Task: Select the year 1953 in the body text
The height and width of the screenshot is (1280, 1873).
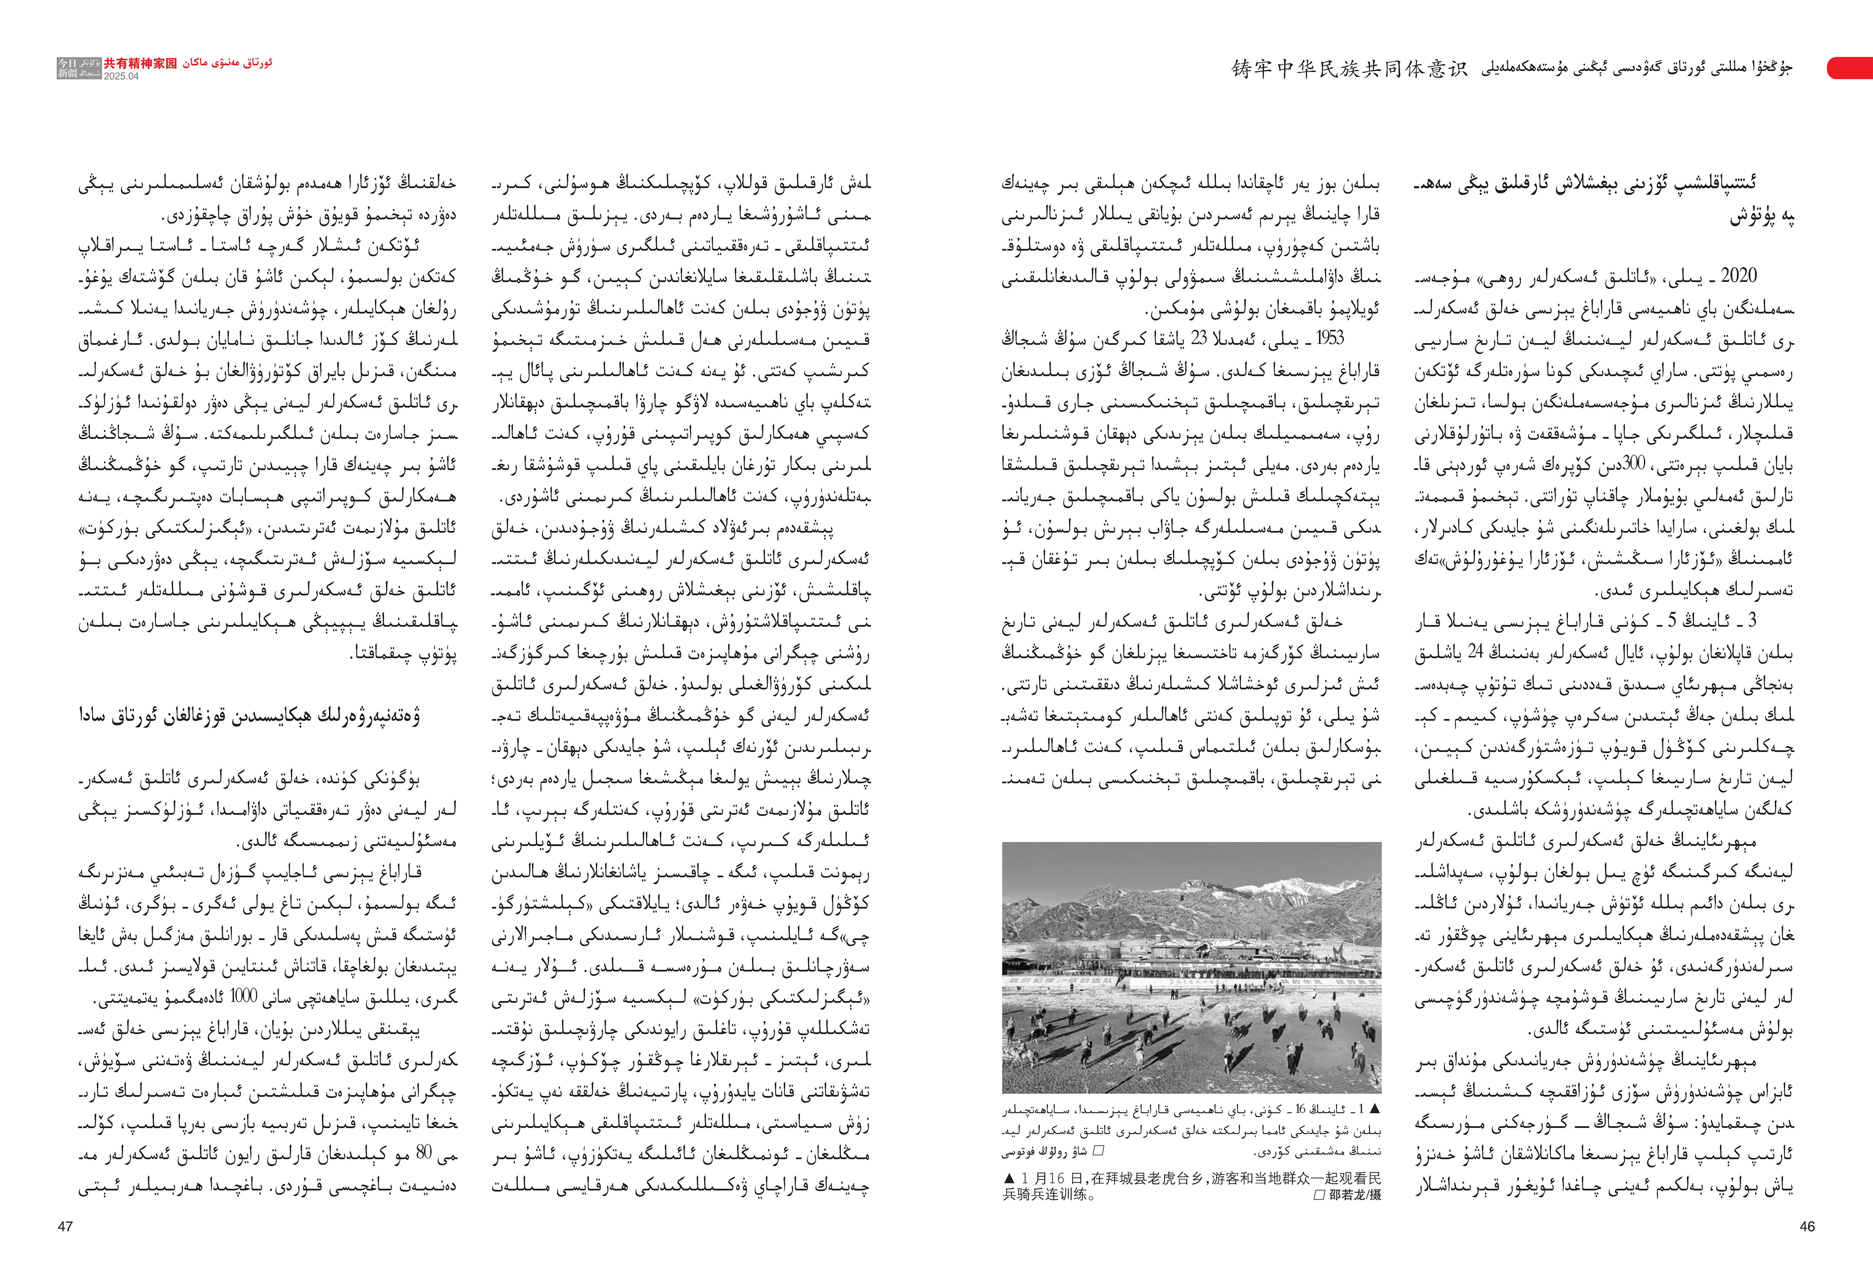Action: (1330, 339)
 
